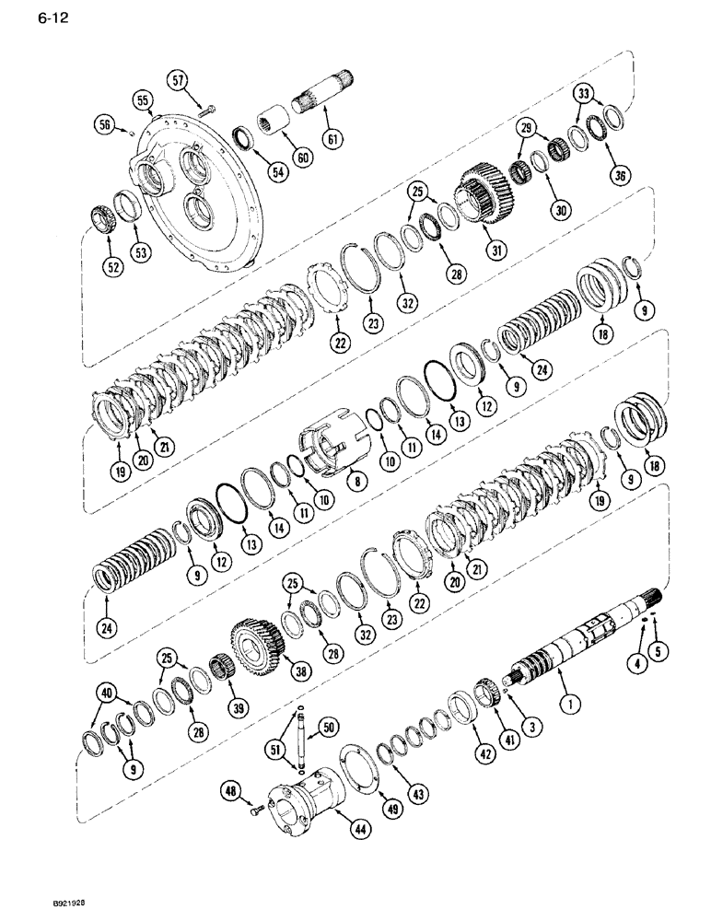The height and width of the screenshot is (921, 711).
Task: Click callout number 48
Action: point(230,788)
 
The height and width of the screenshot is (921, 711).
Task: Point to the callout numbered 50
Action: point(322,729)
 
